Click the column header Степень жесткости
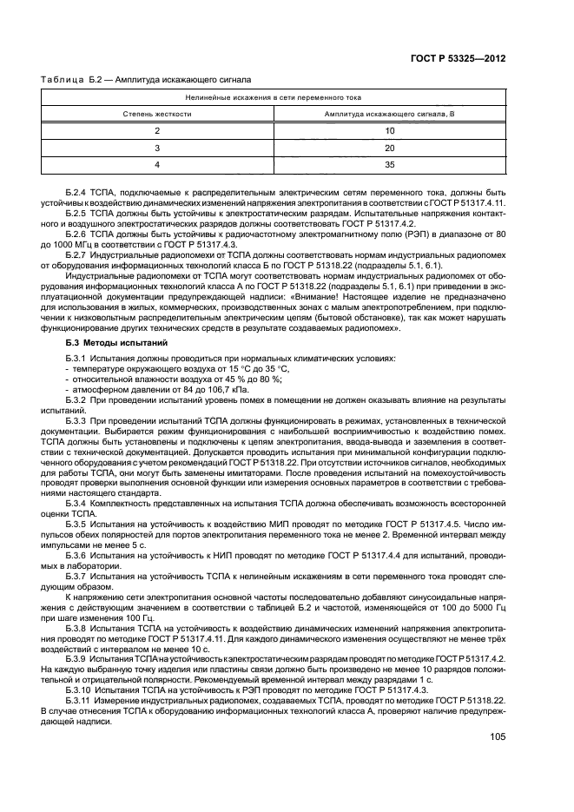click(x=157, y=114)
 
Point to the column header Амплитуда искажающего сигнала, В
click(x=389, y=114)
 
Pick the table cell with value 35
click(x=390, y=163)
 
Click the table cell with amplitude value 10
click(x=390, y=130)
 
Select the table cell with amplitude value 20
click(x=390, y=147)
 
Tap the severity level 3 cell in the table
click(x=157, y=147)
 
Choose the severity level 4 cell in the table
click(x=157, y=163)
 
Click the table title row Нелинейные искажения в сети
click(x=274, y=98)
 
